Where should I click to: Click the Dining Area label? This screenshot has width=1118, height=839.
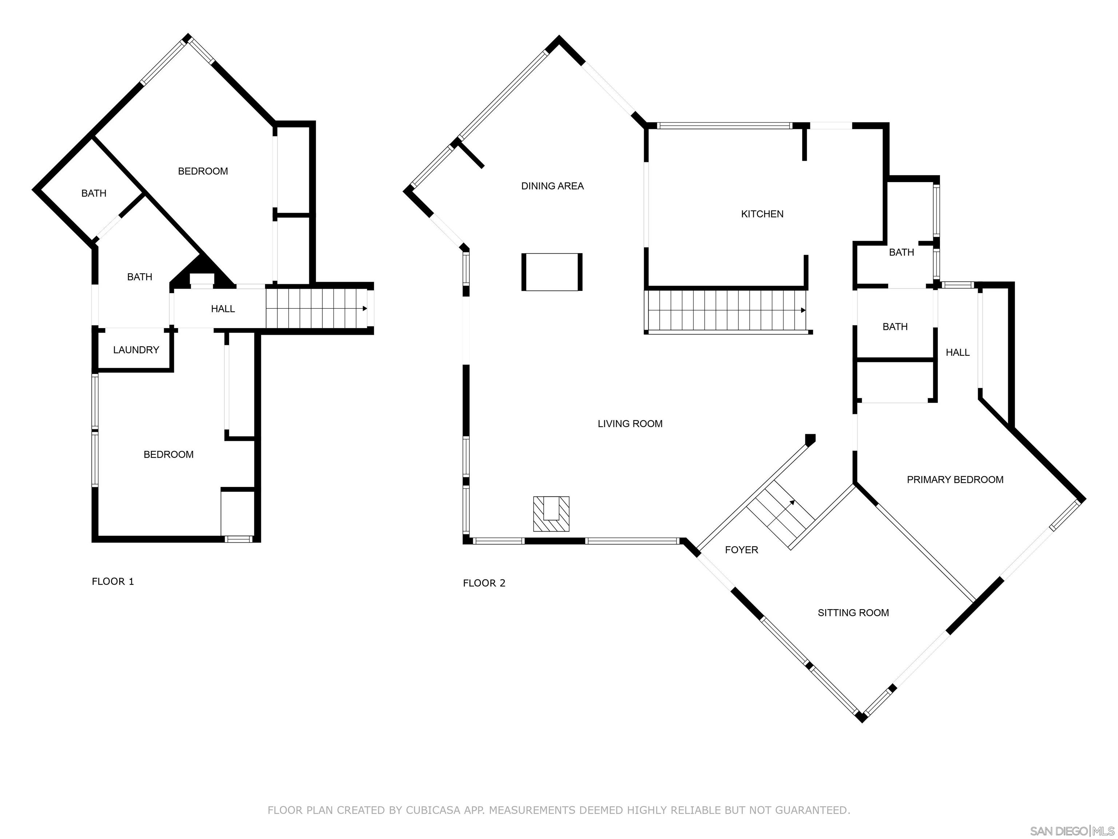point(552,186)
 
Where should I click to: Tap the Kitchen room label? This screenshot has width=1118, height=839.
point(762,214)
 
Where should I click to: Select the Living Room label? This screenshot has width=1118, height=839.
point(630,424)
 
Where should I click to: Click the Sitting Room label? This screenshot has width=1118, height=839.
point(853,613)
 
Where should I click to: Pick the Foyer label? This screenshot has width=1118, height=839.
point(741,550)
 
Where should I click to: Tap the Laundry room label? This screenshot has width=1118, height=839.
point(136,350)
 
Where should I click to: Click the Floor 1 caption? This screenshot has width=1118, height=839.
point(113,582)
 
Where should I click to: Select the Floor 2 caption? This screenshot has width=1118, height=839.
point(484,583)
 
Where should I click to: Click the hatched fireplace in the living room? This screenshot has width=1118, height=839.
point(551,514)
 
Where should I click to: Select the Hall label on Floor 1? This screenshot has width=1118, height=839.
point(223,309)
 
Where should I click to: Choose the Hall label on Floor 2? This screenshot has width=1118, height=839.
point(958,352)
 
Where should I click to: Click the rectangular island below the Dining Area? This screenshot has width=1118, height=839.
point(552,272)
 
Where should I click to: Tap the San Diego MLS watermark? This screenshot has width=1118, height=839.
point(1072,831)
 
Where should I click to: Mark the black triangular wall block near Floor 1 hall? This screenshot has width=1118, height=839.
point(202,271)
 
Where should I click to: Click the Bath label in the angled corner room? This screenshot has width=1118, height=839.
point(94,193)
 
